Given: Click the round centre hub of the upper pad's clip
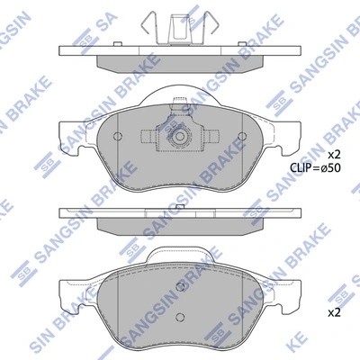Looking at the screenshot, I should coord(179,139).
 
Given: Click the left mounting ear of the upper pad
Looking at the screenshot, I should coord(72,126).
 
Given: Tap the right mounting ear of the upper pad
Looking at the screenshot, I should coord(287,126).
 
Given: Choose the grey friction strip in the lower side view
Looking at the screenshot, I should coord(179,224).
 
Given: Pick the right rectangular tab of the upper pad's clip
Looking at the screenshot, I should coord(211,137).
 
